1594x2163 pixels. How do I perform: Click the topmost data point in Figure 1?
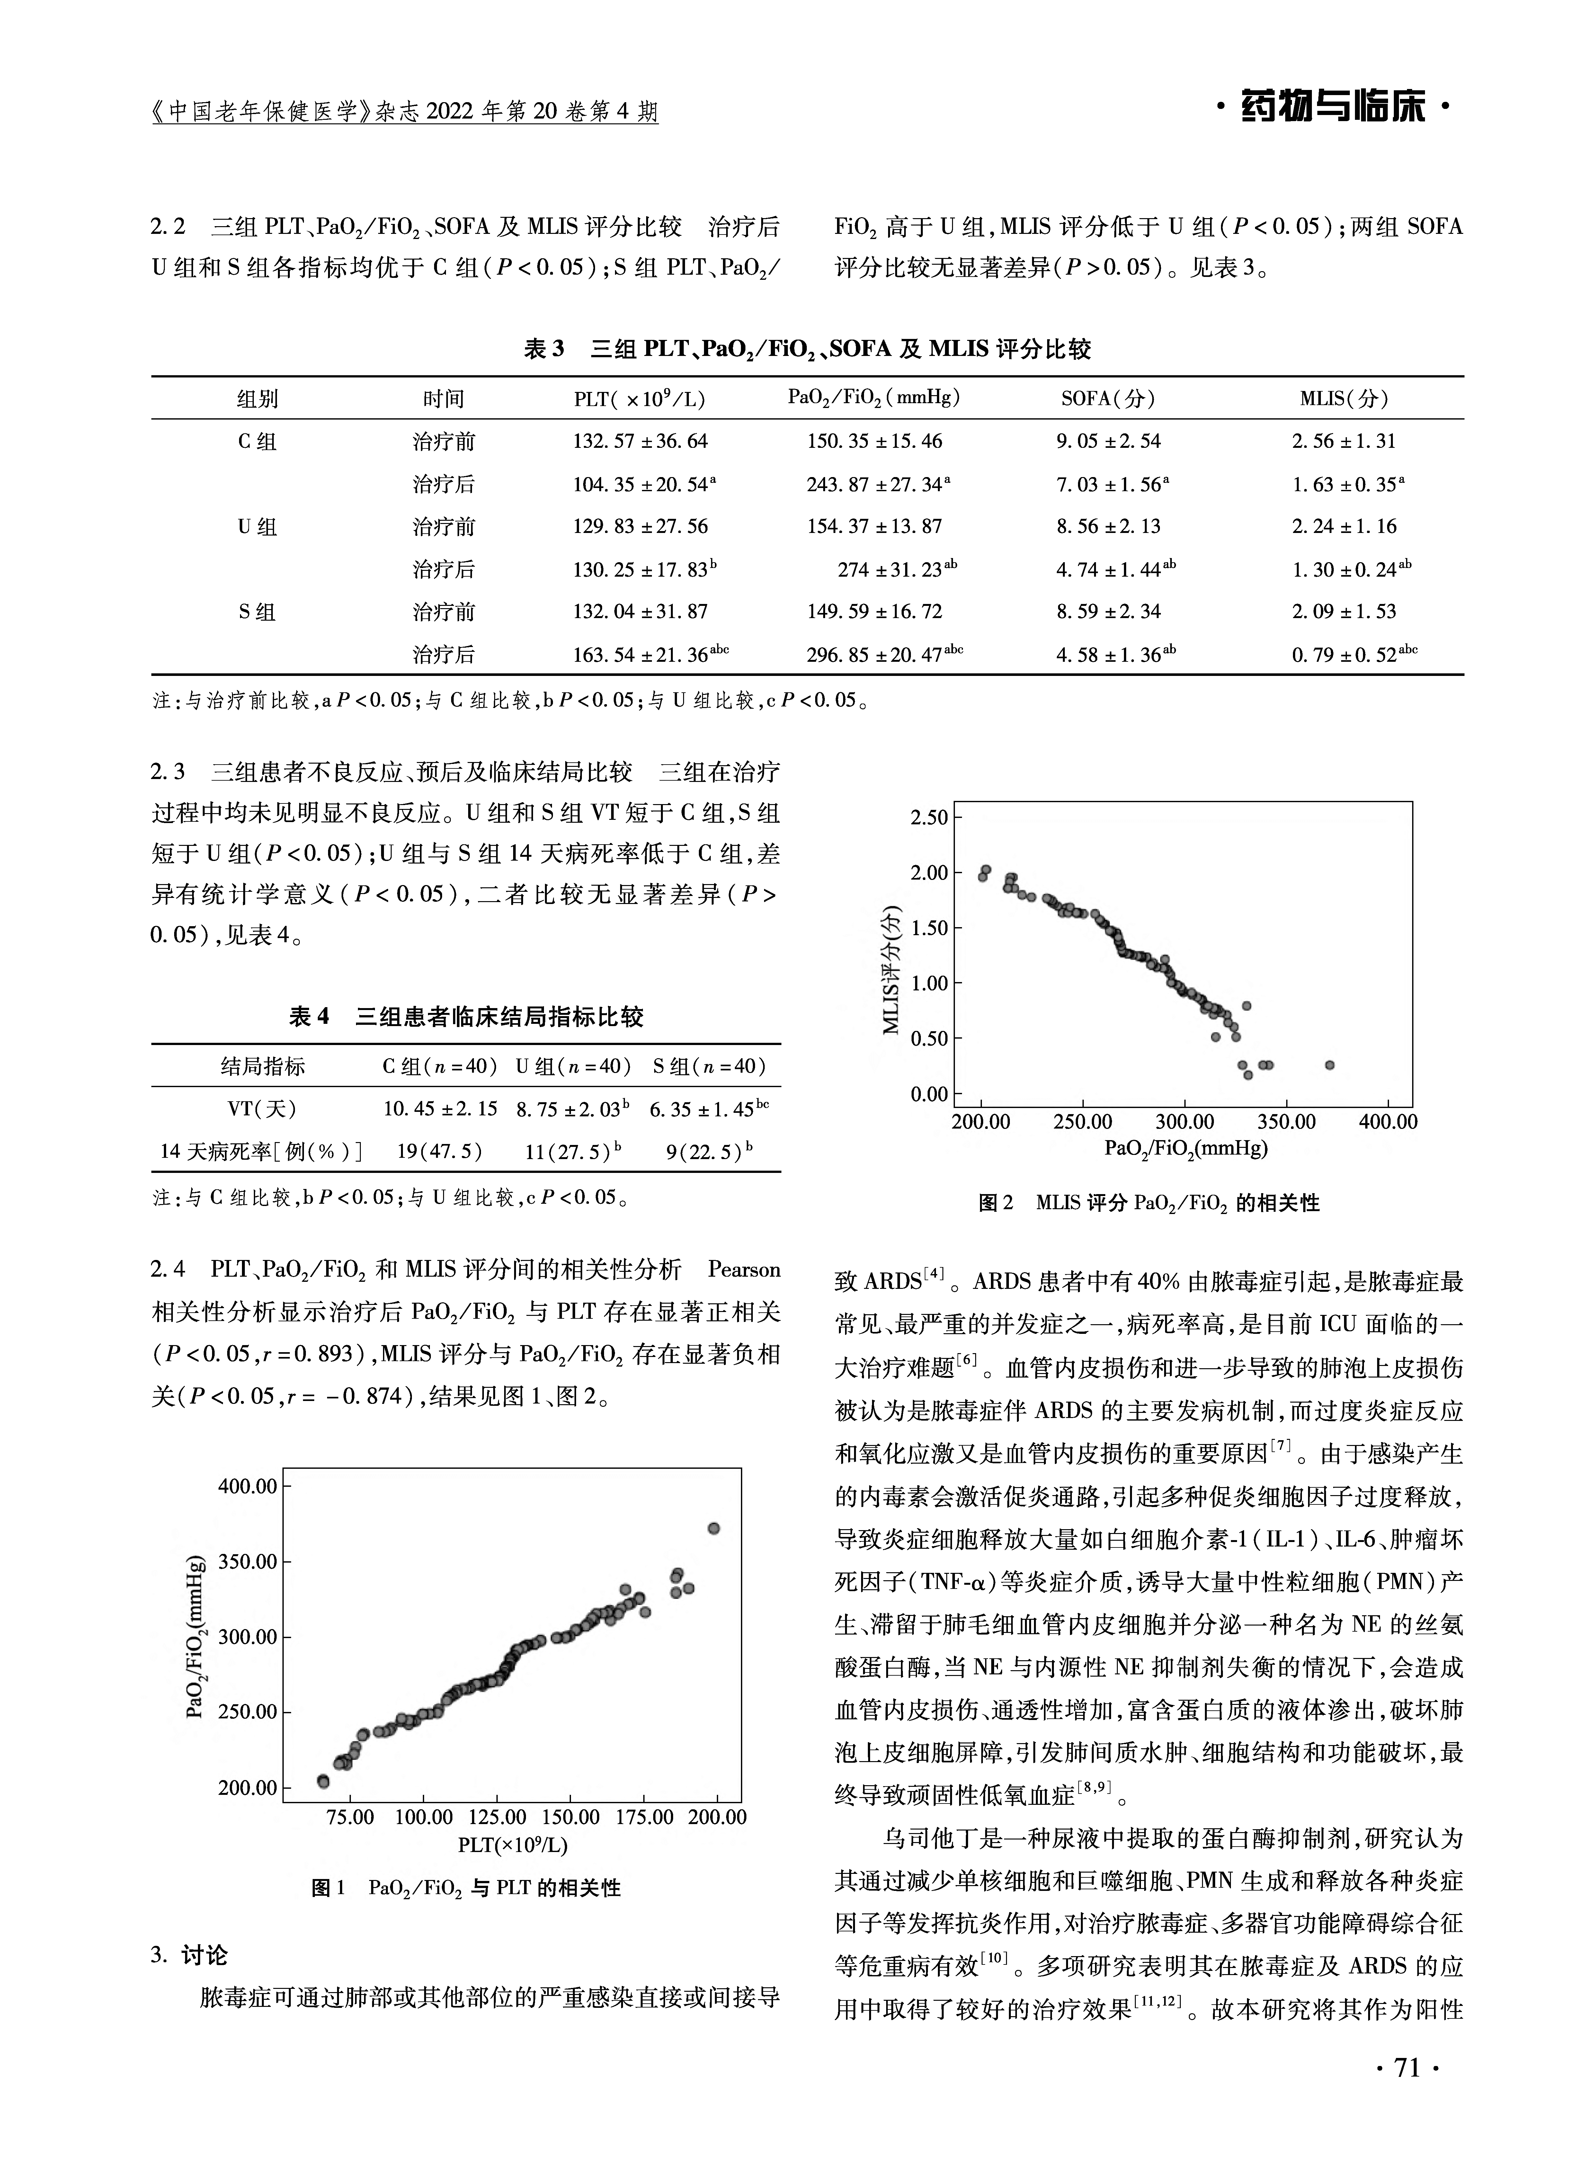click(714, 1528)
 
